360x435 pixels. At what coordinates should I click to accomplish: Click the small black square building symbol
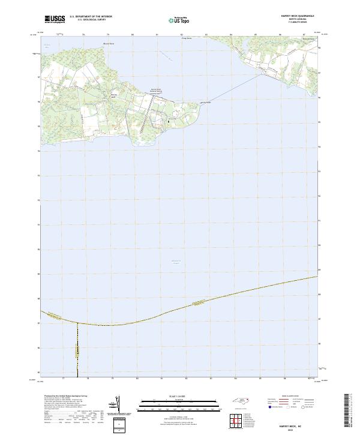pyautogui.click(x=169, y=121)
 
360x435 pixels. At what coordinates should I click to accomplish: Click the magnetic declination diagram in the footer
pyautogui.click(x=117, y=404)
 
